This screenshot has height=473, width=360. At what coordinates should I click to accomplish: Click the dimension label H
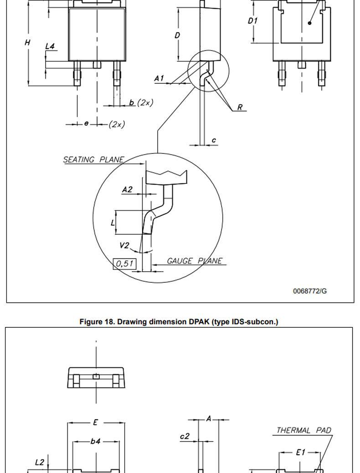click(x=27, y=42)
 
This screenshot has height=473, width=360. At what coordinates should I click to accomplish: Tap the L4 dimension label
click(x=50, y=46)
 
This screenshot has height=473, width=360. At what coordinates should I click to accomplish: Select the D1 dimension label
click(x=252, y=21)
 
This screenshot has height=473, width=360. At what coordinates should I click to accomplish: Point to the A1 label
click(x=159, y=78)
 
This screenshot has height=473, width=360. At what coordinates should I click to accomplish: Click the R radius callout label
click(x=240, y=107)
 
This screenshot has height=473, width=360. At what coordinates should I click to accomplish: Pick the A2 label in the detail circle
click(x=127, y=189)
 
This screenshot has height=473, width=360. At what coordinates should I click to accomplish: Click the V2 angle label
click(x=124, y=245)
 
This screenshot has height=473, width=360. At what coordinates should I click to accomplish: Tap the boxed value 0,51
click(x=124, y=264)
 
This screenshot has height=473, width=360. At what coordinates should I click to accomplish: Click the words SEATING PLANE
click(x=93, y=159)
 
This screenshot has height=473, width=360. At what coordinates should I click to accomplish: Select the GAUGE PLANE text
click(x=195, y=261)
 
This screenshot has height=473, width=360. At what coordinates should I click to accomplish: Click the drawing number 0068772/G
click(x=310, y=291)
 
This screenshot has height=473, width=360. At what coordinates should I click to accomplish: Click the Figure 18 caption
click(x=179, y=322)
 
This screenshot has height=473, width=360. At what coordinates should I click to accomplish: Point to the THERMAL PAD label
click(x=304, y=430)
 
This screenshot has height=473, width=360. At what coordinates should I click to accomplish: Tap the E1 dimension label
click(x=300, y=452)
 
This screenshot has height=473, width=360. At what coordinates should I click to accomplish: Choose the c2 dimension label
click(x=185, y=436)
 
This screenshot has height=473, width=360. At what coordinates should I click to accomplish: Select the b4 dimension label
click(x=95, y=441)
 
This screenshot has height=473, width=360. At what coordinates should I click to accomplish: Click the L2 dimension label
click(x=40, y=463)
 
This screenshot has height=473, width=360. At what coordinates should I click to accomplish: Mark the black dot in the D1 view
click(x=309, y=23)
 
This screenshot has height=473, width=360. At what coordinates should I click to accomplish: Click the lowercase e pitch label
click(x=87, y=123)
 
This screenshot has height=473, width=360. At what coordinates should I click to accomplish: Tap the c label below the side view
click(x=214, y=140)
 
